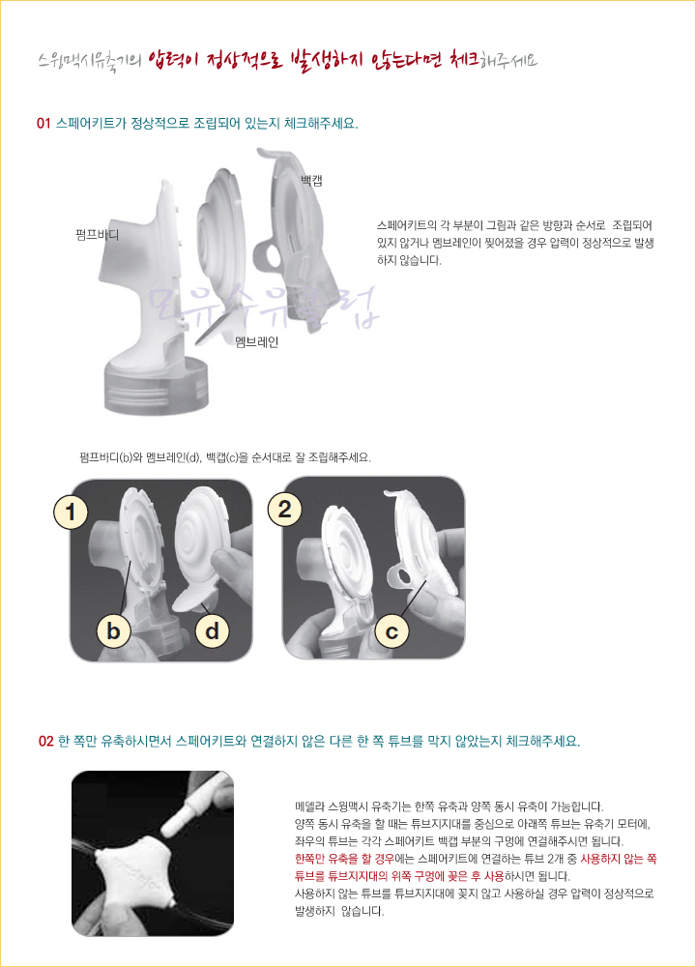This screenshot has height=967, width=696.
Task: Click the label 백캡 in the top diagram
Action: tap(311, 180)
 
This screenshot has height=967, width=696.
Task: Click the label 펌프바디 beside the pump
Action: tap(98, 235)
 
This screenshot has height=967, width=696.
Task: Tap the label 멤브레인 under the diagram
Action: tap(257, 341)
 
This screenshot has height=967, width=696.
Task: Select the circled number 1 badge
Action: tap(71, 512)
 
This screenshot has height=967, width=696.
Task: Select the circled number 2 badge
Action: tap(284, 509)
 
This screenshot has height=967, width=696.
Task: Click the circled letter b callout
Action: tap(113, 630)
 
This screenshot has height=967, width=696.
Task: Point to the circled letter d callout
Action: tap(212, 630)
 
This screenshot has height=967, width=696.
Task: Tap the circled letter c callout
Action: tap(391, 631)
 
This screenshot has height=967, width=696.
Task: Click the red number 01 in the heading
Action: tap(43, 124)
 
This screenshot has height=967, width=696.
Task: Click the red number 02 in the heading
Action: tap(45, 742)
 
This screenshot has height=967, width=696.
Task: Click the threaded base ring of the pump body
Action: tap(157, 386)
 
